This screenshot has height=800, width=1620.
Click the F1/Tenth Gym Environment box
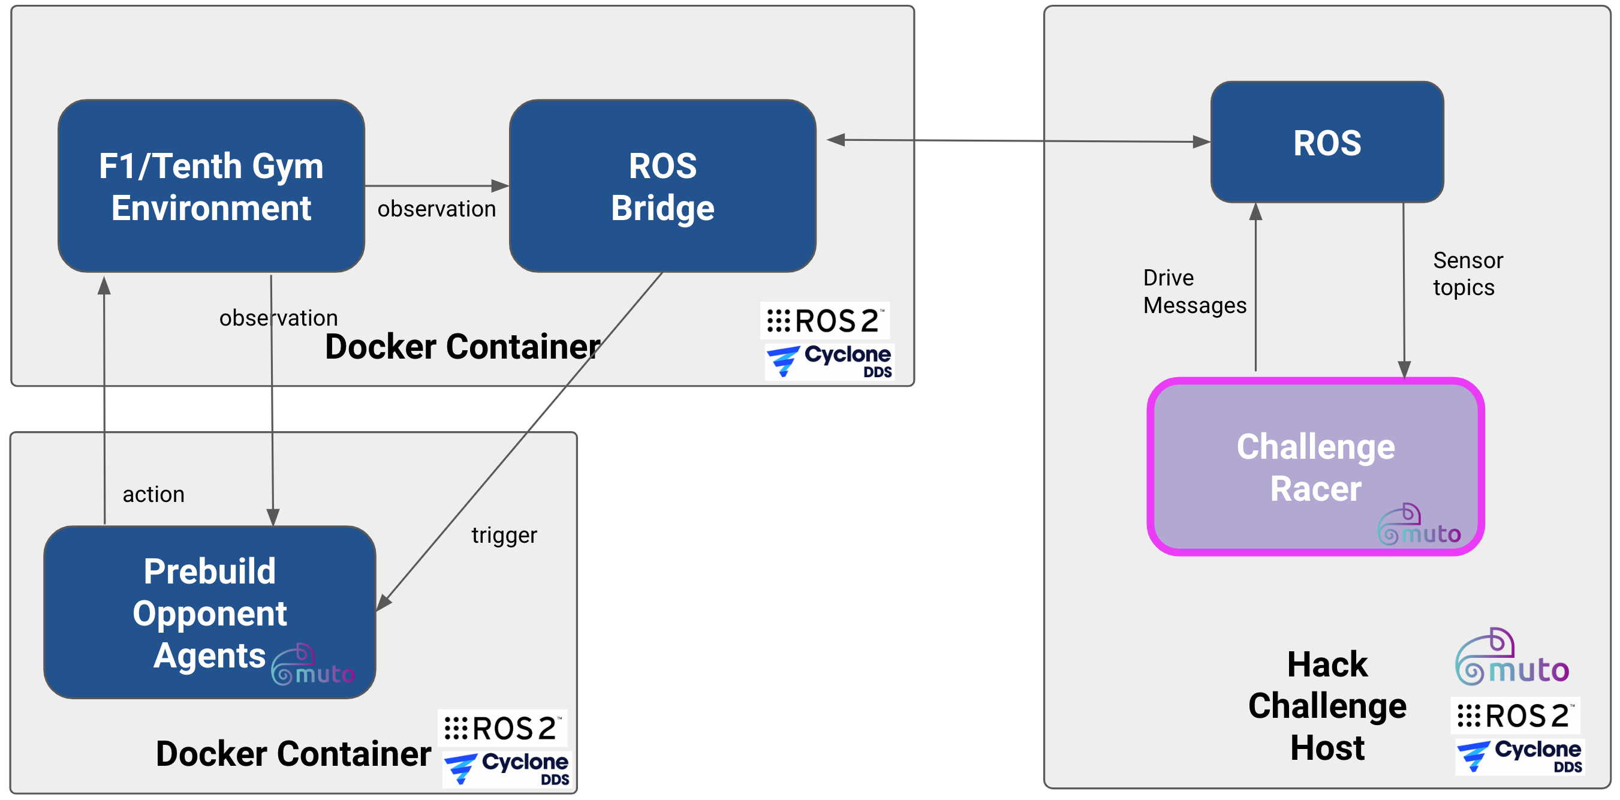210,186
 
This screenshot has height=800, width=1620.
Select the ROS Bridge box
663,186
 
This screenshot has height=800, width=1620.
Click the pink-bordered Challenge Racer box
1315,467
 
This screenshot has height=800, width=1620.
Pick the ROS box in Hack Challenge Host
1327,142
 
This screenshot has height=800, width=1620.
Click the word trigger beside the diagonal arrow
504,535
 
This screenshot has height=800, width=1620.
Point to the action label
153,494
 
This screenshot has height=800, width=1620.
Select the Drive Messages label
1194,291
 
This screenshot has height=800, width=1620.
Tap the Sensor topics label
1467,273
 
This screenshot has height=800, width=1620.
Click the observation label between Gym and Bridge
436,209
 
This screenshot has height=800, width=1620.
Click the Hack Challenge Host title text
1327,706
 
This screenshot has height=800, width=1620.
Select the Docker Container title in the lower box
293,753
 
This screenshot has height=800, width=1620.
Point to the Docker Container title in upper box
462,347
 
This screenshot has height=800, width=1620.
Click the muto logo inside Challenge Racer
1418,525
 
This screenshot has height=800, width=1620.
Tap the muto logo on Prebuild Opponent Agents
312,666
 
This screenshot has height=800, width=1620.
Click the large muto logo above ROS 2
1512,658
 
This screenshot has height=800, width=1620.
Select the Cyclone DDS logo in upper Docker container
829,361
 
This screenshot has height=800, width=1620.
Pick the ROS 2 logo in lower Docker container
502,728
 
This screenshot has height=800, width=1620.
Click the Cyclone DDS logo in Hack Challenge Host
1519,756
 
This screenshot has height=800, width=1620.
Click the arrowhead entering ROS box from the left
1200,142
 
